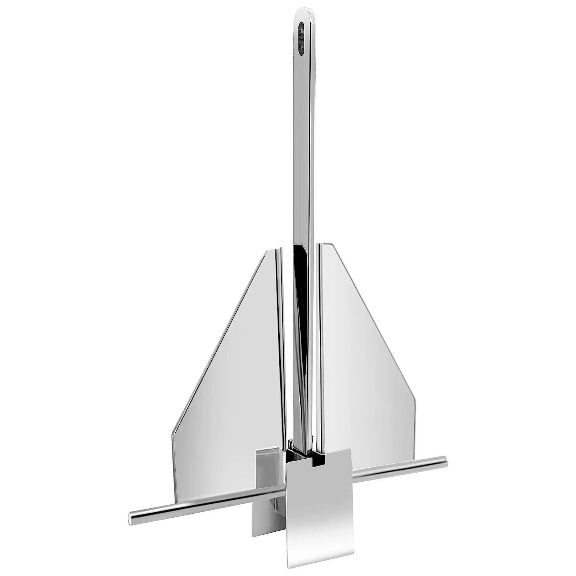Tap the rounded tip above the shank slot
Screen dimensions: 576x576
(x=304, y=13)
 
